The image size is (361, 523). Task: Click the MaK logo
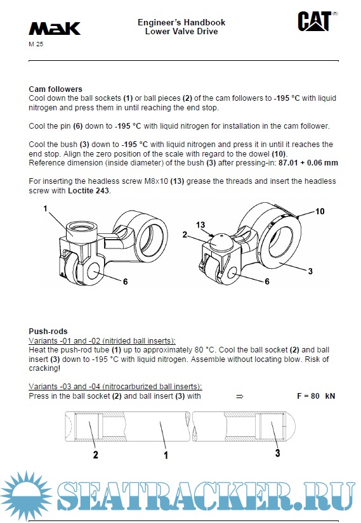point(55,29)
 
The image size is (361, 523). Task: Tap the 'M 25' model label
point(36,44)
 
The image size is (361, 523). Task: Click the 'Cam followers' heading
point(55,89)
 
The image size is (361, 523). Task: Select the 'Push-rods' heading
point(48,331)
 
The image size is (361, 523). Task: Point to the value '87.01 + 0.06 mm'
point(308,163)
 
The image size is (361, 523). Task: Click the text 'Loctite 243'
point(88,190)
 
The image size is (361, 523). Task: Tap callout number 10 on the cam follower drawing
point(320,211)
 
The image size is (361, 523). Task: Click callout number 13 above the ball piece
point(200,225)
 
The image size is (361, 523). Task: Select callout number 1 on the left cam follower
point(46,209)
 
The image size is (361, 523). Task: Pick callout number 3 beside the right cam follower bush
point(310,271)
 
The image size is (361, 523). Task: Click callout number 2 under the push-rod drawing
point(96,455)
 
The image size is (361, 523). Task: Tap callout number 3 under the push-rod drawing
point(277,453)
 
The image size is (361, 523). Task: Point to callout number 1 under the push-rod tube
point(166,455)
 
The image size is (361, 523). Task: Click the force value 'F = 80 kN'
point(316,396)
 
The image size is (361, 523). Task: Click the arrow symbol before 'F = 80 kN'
point(240,396)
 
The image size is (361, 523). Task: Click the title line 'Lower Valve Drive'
point(181,31)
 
